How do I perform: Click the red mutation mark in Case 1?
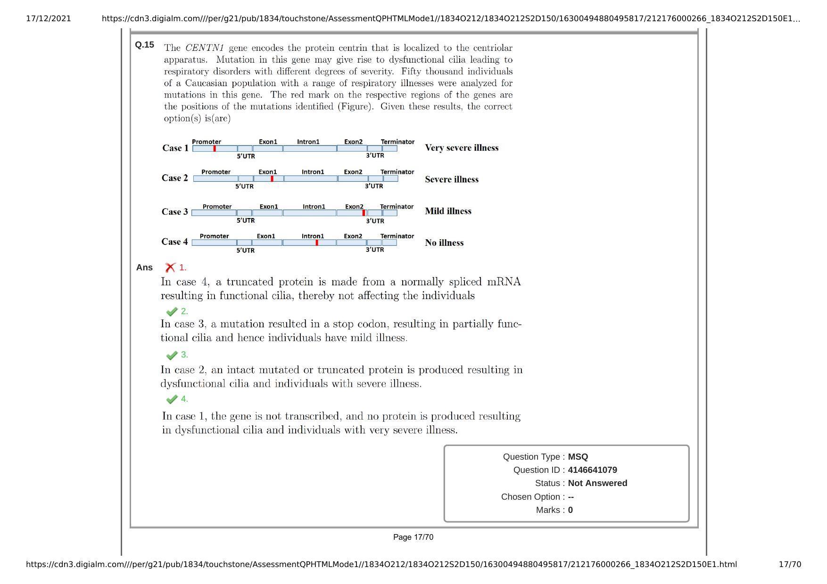pyautogui.click(x=215, y=148)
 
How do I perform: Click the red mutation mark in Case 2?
pyautogui.click(x=272, y=178)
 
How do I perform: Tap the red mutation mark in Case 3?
pyautogui.click(x=364, y=213)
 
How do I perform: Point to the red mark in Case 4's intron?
pyautogui.click(x=317, y=243)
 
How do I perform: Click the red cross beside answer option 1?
pyautogui.click(x=170, y=268)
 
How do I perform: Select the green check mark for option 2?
pyautogui.click(x=172, y=311)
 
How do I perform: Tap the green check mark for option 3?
pyautogui.click(x=172, y=355)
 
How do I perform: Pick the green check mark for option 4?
pyautogui.click(x=172, y=399)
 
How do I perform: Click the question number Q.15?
pyautogui.click(x=144, y=45)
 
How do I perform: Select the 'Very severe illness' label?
pyautogui.click(x=462, y=148)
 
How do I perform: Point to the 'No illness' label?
pyautogui.click(x=444, y=243)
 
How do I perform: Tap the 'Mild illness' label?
pyautogui.click(x=448, y=211)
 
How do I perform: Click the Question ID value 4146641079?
pyautogui.click(x=592, y=470)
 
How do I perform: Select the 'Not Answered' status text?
pyautogui.click(x=597, y=483)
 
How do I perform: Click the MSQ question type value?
pyautogui.click(x=578, y=457)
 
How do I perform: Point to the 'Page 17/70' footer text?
pyautogui.click(x=413, y=537)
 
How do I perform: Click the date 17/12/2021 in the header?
pyautogui.click(x=49, y=19)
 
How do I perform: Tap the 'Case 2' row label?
pyautogui.click(x=174, y=178)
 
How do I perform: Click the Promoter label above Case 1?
pyautogui.click(x=207, y=142)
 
